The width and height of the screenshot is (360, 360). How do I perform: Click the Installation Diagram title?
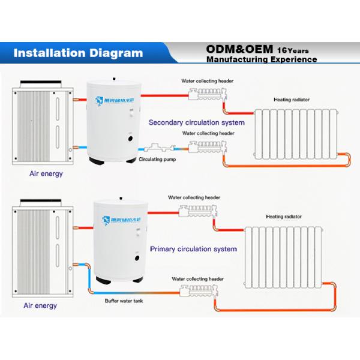pos(78,52)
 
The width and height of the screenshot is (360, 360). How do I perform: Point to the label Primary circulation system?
pos(193,248)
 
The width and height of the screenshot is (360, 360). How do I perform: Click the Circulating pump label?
pos(157,160)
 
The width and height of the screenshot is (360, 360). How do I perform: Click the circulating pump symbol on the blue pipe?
pos(157,148)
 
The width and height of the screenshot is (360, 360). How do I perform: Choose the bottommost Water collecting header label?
pos(197,279)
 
